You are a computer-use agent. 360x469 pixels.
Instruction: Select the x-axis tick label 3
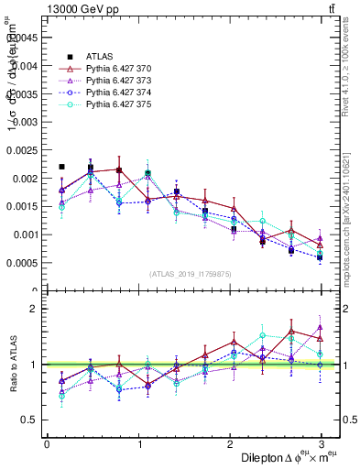tap(322, 444)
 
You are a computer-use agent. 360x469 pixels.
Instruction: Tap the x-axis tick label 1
tap(138, 444)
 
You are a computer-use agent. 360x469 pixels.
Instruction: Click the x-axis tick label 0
tap(47, 444)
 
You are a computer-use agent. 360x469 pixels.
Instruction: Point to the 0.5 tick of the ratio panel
tap(31, 420)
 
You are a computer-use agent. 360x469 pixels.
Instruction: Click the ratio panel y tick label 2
tap(35, 309)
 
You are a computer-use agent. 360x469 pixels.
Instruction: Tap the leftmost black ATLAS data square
tap(61, 167)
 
